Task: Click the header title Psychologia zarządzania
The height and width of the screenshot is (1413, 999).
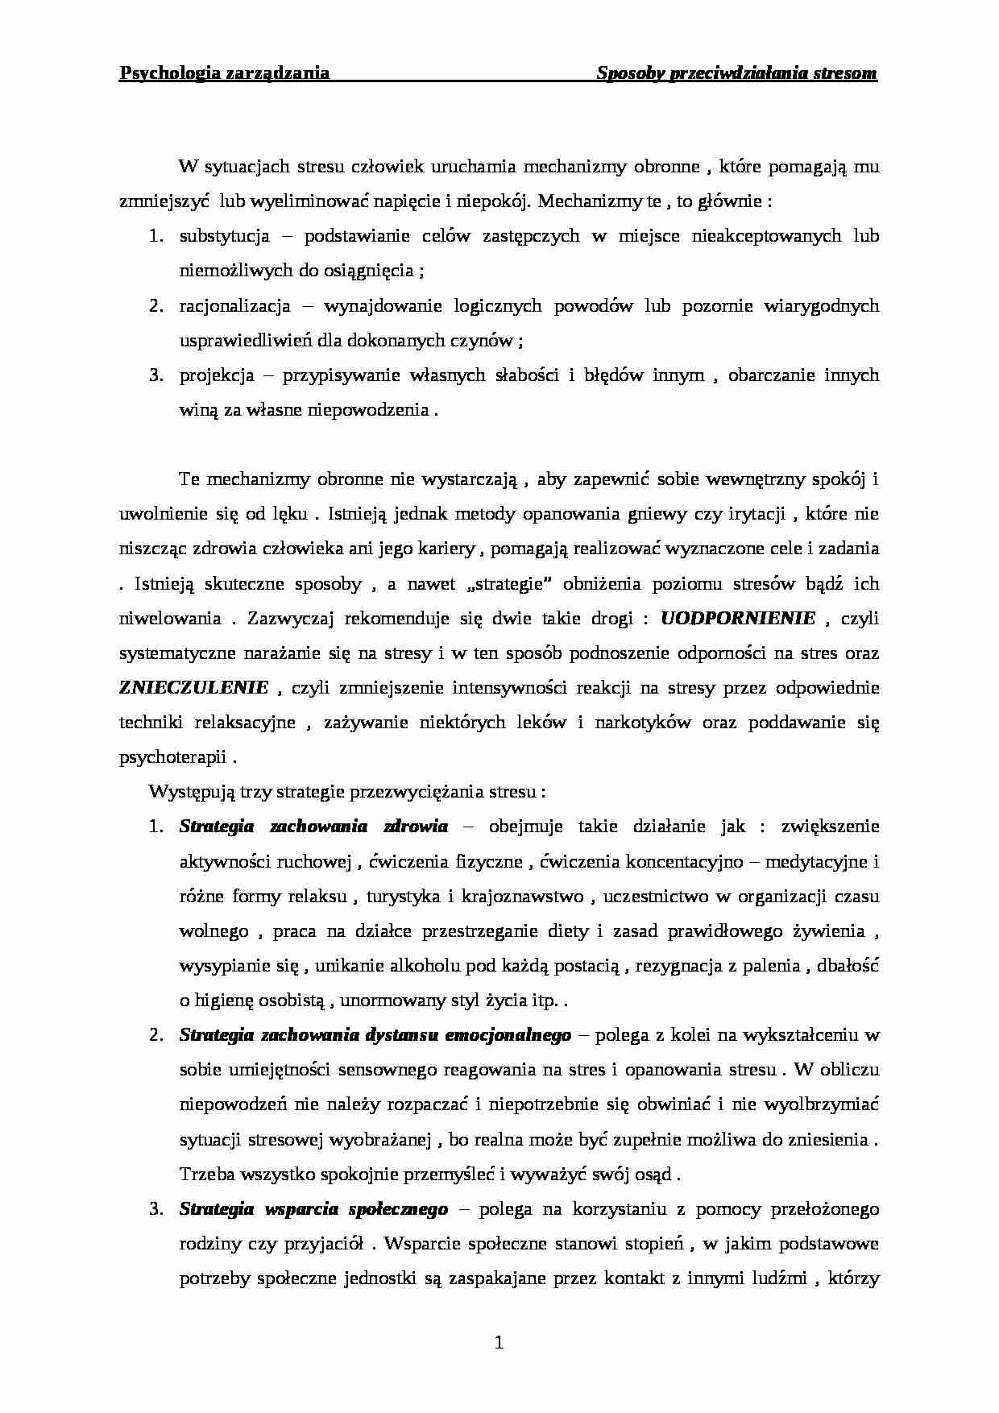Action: tap(224, 73)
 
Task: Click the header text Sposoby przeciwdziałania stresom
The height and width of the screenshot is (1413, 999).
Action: tap(736, 73)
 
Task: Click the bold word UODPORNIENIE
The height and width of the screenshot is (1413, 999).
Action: tap(738, 619)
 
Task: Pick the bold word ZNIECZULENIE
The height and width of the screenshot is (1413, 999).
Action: tap(194, 688)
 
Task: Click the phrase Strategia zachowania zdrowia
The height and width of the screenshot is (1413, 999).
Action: tap(313, 827)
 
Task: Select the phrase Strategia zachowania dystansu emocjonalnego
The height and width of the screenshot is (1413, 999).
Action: tap(375, 1035)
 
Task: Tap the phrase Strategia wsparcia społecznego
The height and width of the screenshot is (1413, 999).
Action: tap(313, 1209)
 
